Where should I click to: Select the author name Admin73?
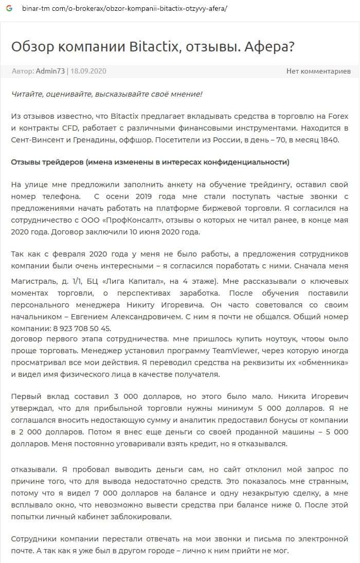click(50, 71)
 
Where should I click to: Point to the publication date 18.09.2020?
click(88, 71)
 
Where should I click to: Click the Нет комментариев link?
click(318, 71)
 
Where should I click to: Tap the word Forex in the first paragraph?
click(337, 117)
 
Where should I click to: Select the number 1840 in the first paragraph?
click(327, 139)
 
